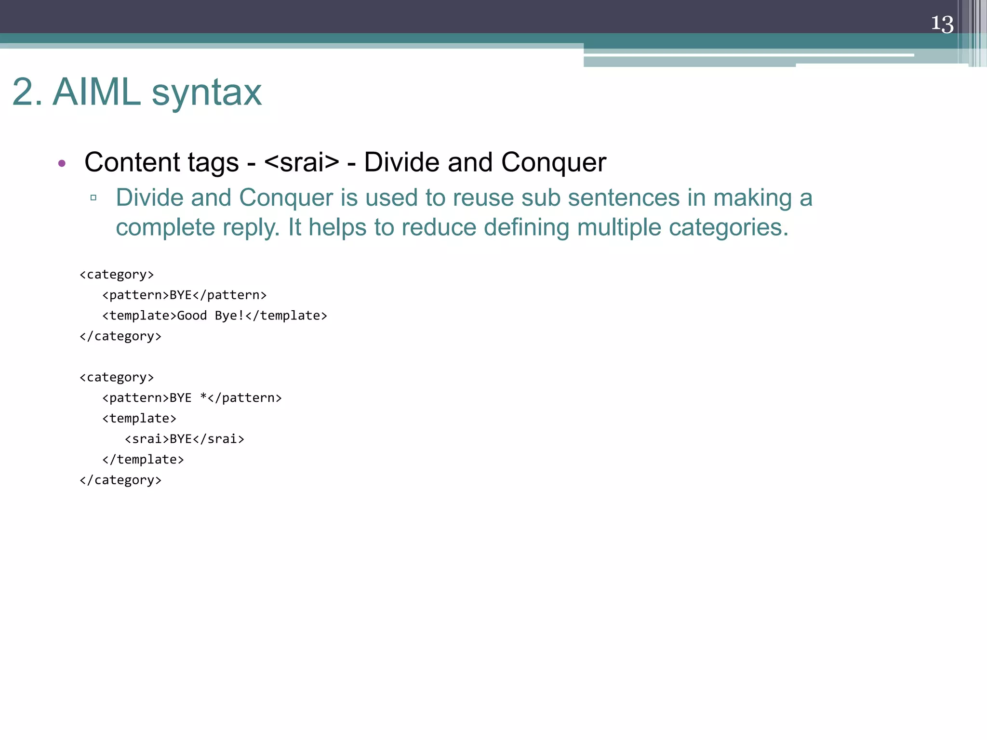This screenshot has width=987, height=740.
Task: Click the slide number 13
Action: (942, 24)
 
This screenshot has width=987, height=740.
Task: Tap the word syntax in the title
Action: (207, 92)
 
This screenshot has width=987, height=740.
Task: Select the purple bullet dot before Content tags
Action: (62, 163)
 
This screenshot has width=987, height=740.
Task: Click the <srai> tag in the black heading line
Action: (302, 162)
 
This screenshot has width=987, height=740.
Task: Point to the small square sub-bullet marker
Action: (93, 198)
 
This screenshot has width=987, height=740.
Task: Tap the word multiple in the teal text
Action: (619, 227)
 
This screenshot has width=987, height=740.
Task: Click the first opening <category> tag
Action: (117, 275)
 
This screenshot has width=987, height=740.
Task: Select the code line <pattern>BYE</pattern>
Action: (184, 295)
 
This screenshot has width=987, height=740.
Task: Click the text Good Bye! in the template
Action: (211, 316)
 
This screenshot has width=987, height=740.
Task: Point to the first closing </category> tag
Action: (120, 336)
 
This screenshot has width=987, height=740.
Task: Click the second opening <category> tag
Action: (117, 377)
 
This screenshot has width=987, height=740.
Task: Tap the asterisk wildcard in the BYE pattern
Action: (203, 397)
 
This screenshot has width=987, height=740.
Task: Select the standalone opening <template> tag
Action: (139, 418)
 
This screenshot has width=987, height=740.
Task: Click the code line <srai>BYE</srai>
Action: (185, 439)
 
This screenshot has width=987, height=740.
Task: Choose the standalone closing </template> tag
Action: (143, 460)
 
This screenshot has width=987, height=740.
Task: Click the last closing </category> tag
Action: (120, 480)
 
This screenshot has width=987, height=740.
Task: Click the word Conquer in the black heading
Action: (553, 162)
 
